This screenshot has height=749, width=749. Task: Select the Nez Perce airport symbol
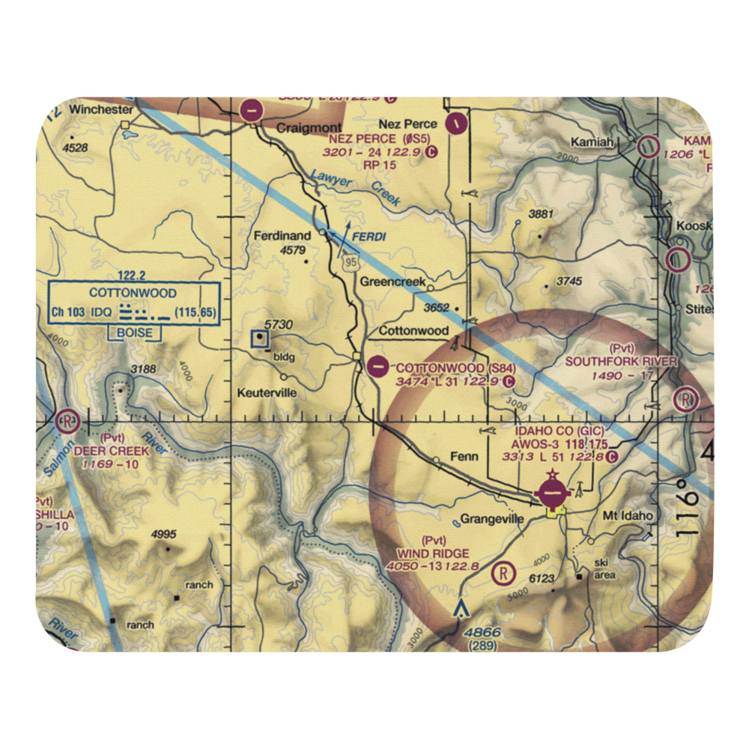(x=456, y=121)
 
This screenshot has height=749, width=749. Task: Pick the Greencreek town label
(x=392, y=282)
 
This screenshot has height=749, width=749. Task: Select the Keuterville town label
(x=266, y=392)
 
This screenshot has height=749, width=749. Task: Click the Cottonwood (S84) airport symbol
(x=379, y=367)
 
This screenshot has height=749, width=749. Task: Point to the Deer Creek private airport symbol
(x=67, y=421)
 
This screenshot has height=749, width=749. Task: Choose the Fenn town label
(x=464, y=455)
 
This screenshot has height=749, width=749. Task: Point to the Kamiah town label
(x=591, y=142)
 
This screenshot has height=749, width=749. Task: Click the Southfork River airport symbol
(x=685, y=400)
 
